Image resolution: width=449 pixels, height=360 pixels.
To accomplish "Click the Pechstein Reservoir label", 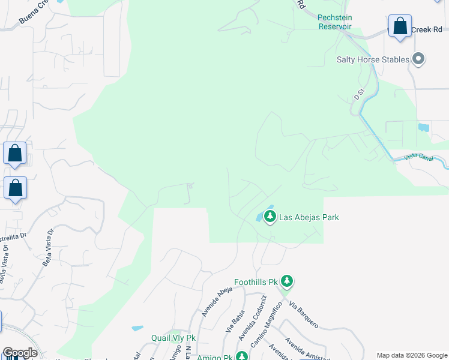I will click(x=335, y=22).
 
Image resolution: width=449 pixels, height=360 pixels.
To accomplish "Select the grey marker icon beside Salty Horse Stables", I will click(x=419, y=59).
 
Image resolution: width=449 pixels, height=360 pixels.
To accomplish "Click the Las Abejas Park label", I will click(x=309, y=217).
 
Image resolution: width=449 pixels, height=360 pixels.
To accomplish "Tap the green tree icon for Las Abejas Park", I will click(x=270, y=216).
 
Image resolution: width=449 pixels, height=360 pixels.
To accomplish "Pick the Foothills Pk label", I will click(x=257, y=281).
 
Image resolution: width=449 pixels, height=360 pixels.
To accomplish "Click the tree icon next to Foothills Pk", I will click(x=288, y=280).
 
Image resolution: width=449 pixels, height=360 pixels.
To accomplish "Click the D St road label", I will click(x=359, y=94).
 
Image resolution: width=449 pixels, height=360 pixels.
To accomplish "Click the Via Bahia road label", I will click(x=235, y=321).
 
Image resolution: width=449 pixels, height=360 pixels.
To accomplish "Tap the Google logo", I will click(x=20, y=353).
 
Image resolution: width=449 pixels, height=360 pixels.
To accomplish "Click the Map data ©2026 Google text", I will click(x=411, y=355).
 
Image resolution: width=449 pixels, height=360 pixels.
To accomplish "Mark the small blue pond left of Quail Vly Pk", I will click(x=137, y=328).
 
